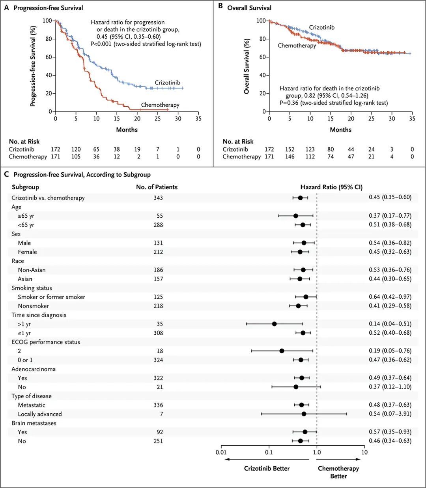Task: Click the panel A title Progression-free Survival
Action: click(x=48, y=8)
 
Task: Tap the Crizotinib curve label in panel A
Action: click(x=167, y=83)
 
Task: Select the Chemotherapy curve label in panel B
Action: click(x=297, y=45)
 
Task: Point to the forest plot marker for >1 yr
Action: click(x=274, y=324)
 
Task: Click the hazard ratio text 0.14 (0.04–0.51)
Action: click(x=390, y=324)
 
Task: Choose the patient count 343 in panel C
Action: click(x=158, y=198)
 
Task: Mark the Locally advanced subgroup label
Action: click(x=39, y=414)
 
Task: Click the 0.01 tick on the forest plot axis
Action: click(x=221, y=452)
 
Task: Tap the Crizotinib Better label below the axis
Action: click(x=267, y=468)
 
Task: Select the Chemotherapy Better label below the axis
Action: click(x=338, y=472)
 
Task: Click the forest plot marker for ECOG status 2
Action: click(x=282, y=351)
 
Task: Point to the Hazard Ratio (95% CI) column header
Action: click(x=331, y=187)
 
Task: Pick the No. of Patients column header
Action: click(x=157, y=187)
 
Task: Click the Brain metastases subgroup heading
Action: click(x=34, y=423)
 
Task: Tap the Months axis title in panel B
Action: click(x=340, y=130)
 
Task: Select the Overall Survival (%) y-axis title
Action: click(x=247, y=66)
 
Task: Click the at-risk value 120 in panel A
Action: click(x=76, y=149)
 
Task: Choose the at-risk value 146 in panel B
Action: click(x=290, y=156)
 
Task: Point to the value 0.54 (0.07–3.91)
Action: click(x=390, y=414)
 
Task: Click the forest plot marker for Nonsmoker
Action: click(x=298, y=306)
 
